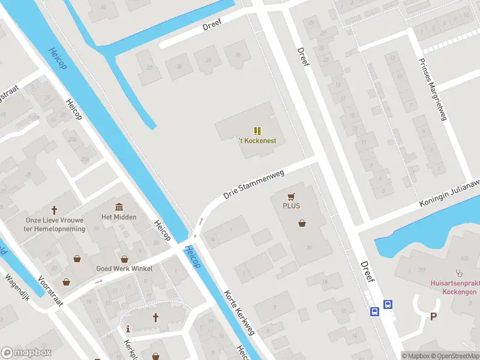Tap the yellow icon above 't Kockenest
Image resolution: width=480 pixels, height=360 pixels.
pos(257,130)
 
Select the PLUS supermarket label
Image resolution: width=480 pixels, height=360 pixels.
pos(291,206)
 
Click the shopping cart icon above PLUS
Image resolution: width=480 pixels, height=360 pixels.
pos(292,196)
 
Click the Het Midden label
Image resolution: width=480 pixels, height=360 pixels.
pos(119,217)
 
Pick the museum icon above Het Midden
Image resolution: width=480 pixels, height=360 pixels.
pos(119,206)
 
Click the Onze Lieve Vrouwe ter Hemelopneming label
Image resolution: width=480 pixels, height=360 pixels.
pos(55,224)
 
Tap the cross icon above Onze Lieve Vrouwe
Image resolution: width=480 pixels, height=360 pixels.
pos(55,210)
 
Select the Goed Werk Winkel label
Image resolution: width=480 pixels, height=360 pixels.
pos(124,268)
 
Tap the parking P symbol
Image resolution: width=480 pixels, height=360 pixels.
pos(434,317)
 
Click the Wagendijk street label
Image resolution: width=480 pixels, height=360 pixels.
pos(17,287)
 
